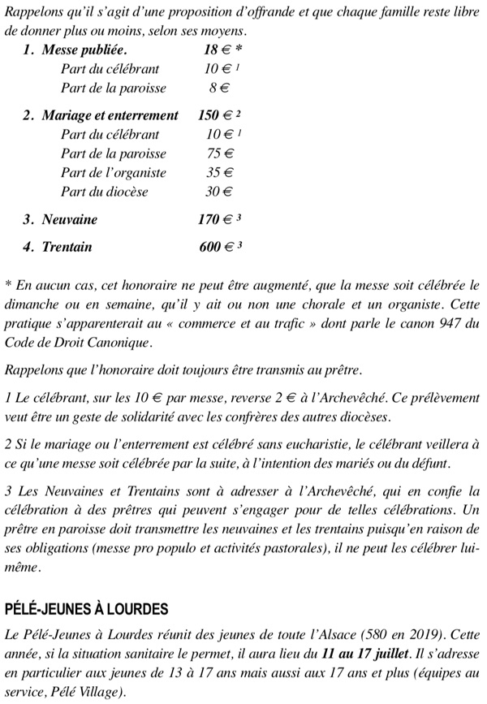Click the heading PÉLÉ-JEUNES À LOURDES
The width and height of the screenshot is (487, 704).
point(86,608)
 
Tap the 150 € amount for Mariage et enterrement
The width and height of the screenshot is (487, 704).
point(213,115)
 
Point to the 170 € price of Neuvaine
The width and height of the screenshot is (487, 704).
point(214,219)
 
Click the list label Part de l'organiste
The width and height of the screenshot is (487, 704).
point(114,172)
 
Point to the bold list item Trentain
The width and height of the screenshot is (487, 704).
point(67,246)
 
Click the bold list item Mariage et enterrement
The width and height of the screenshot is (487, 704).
point(110,115)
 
